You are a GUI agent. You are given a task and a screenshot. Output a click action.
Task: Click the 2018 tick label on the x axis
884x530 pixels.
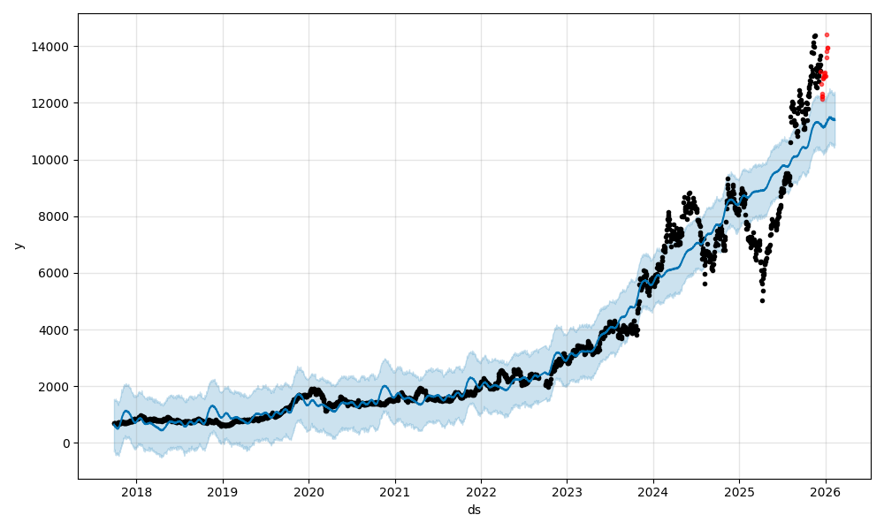(x=136, y=492)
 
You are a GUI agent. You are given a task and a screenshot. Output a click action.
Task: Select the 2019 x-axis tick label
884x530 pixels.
(x=223, y=492)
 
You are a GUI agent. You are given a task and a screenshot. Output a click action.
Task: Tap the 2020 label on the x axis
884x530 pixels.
(x=309, y=492)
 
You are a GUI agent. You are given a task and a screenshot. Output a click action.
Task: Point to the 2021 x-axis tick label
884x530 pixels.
(x=395, y=492)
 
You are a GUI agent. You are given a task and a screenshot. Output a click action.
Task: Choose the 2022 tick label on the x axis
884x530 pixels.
(x=481, y=492)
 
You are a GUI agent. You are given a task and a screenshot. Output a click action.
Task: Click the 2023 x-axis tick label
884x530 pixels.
(x=568, y=492)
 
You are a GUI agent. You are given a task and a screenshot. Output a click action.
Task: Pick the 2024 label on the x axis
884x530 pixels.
(x=653, y=492)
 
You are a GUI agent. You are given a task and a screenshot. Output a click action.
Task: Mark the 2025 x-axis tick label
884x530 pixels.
(x=740, y=492)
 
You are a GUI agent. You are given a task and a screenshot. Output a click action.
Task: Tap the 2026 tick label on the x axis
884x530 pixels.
(x=826, y=492)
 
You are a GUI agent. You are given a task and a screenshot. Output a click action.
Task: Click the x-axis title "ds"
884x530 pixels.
(x=474, y=510)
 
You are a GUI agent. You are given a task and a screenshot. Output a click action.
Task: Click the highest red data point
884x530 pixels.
(x=827, y=35)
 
